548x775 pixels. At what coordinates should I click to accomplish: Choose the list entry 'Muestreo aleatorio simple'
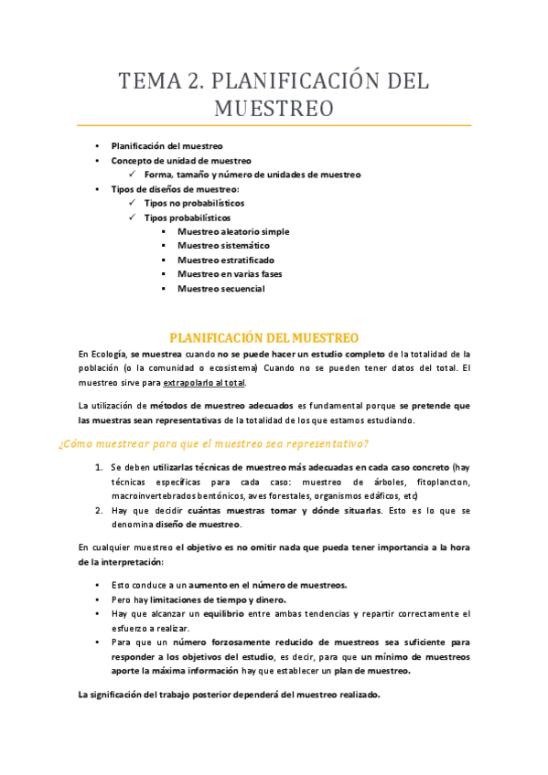point(233,231)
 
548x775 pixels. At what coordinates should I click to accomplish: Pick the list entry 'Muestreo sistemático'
point(223,246)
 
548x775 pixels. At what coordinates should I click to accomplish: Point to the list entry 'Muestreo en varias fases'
point(231,274)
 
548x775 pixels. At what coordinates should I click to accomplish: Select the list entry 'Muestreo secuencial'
point(221,289)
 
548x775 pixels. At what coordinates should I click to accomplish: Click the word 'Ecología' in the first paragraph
point(108,354)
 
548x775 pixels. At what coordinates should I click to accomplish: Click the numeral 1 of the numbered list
point(99,467)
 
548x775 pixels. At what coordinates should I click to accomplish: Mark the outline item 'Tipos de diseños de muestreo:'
point(175,188)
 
